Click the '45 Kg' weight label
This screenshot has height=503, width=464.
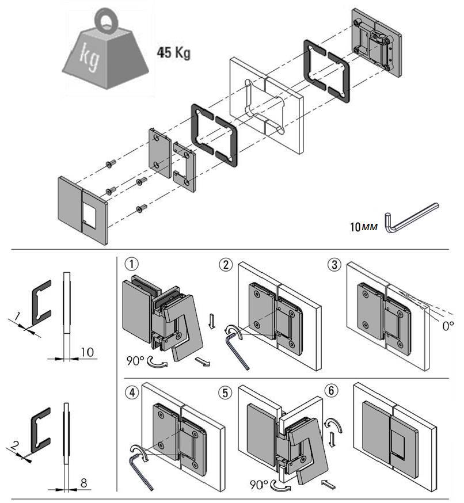[173, 54]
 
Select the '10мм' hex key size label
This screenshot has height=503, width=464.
[363, 226]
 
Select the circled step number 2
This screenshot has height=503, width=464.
[226, 265]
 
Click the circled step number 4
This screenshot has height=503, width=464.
[132, 393]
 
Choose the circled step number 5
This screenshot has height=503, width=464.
[226, 393]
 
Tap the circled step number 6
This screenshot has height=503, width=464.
[331, 391]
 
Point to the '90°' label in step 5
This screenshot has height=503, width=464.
[260, 482]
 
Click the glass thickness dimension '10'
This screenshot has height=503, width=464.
[85, 352]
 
